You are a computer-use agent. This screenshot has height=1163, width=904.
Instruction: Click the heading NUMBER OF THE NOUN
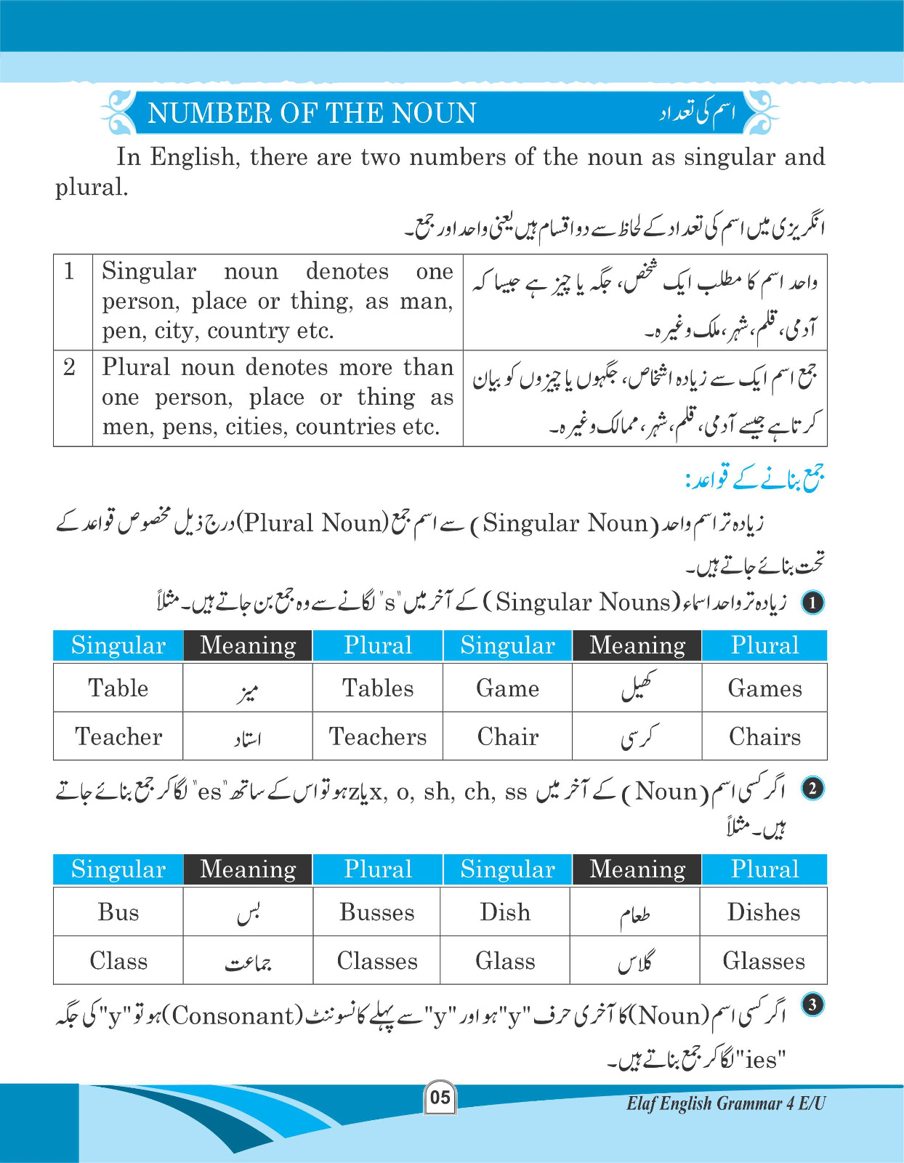(312, 113)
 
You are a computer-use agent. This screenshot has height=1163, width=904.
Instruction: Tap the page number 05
(440, 1097)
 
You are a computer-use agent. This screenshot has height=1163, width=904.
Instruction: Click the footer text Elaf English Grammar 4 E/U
(725, 1103)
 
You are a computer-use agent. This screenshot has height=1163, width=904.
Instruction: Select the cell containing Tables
(378, 688)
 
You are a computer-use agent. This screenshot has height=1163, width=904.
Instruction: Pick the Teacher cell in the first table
(118, 736)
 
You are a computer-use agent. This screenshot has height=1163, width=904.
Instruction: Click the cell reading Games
(764, 688)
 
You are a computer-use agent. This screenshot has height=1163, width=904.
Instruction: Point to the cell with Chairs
(764, 736)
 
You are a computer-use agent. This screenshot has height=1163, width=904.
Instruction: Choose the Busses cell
(377, 912)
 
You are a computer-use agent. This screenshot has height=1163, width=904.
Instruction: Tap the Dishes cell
(764, 912)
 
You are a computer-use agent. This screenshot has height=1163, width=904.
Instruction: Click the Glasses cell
(764, 961)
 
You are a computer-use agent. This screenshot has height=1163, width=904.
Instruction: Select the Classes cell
(377, 961)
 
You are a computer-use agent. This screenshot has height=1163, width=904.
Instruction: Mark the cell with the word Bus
(118, 912)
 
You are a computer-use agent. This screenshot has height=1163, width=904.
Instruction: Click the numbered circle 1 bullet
(812, 602)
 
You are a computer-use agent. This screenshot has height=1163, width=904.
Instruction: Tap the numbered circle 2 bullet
(812, 789)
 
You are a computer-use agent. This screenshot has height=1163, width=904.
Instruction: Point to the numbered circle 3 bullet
(812, 1005)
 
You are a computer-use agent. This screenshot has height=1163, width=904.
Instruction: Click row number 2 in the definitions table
(70, 367)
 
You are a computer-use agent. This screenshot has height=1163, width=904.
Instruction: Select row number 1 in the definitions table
(70, 271)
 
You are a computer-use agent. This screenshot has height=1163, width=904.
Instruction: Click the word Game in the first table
(507, 688)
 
